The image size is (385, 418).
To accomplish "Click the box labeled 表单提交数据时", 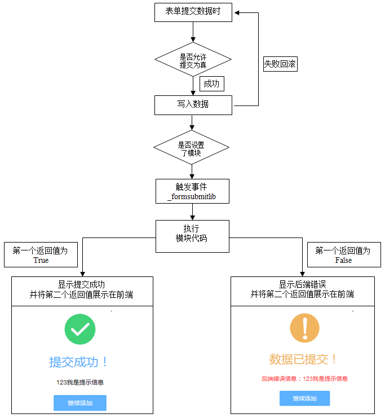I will tap(193, 12).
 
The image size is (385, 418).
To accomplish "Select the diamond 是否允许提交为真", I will tap(193, 60).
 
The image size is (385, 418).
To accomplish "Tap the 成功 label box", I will tap(212, 84).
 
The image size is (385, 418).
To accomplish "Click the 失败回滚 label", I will tap(280, 64).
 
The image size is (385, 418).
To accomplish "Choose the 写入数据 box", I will tap(193, 105).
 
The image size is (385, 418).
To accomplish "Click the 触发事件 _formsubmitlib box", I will tap(192, 192).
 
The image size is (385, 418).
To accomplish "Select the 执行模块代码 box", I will tap(192, 234).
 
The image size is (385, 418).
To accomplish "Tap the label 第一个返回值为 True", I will tap(41, 255).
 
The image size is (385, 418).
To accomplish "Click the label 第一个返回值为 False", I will tap(343, 255).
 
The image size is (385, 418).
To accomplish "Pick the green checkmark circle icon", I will tap(80, 329).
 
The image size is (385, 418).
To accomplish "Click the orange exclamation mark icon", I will tap(304, 328).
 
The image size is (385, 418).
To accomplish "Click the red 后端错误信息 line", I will tap(304, 379).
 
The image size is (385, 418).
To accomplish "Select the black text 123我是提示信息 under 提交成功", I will tap(79, 382).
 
